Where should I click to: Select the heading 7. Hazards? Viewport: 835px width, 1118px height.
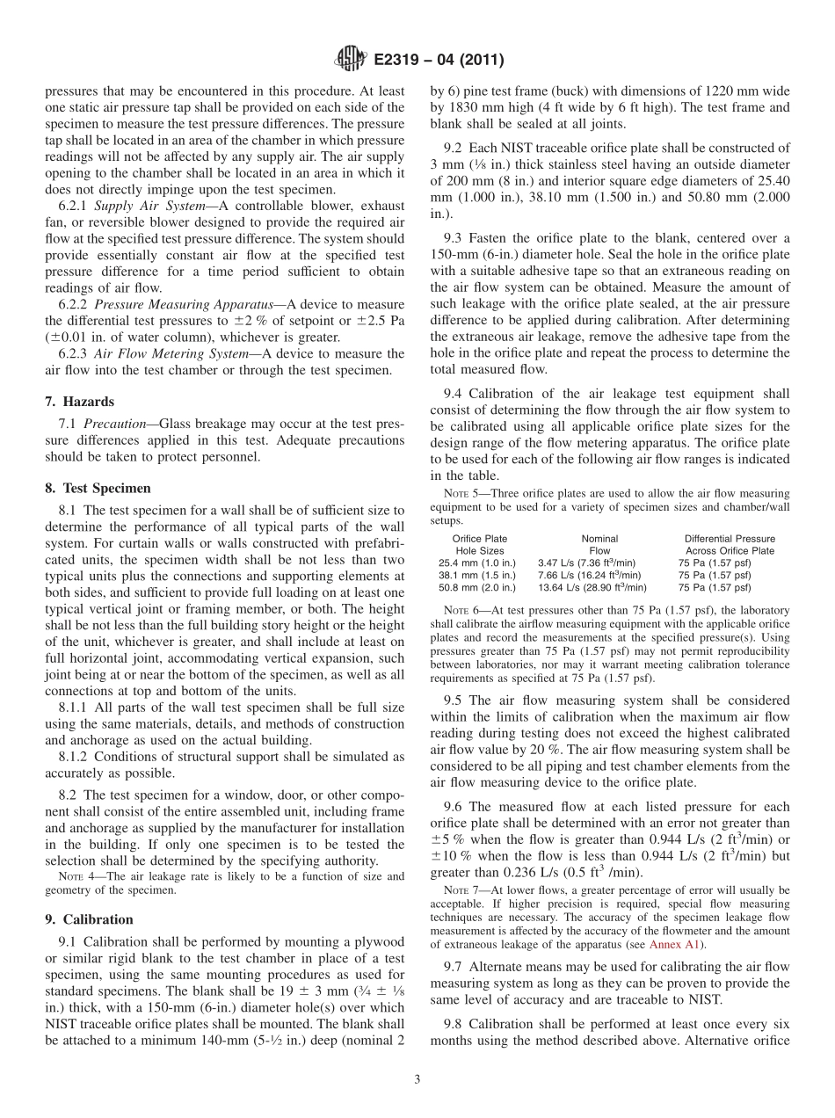click(x=79, y=402)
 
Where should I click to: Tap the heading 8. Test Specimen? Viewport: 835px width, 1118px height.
click(x=98, y=488)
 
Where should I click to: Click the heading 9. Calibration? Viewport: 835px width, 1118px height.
click(x=89, y=919)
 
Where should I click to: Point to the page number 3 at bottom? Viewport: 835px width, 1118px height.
click(x=417, y=1080)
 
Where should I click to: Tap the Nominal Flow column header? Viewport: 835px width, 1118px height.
click(x=599, y=545)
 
